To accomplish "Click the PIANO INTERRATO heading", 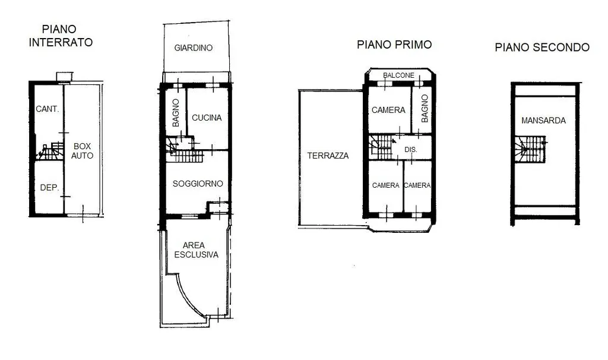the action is point(61,36).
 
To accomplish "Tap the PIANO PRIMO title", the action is point(394,45).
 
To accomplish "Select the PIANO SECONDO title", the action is point(542,48).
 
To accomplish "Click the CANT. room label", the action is point(47,109).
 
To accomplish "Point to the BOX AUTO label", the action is point(82,151).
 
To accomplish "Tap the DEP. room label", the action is point(50,188).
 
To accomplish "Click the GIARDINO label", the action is point(194,48).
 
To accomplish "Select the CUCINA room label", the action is point(207,118).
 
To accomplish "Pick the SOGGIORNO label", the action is point(198,184).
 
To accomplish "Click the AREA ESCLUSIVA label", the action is point(196,250).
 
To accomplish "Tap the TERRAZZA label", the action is point(328,156).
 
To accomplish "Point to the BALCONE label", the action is point(398,75).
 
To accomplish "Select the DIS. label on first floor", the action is point(411,149).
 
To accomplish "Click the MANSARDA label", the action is point(543,121).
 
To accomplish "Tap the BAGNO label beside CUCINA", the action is point(176,113).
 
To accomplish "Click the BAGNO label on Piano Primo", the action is point(425,109).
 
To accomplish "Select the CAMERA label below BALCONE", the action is point(388,110).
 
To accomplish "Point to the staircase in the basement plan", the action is point(51,151).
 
